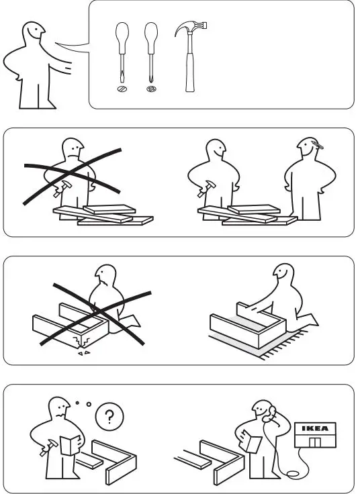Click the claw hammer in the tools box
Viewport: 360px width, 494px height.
190,56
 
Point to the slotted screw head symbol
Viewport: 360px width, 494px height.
122,89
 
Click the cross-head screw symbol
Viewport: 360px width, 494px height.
151,89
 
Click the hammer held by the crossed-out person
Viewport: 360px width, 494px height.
62,188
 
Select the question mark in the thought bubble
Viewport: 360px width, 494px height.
109,417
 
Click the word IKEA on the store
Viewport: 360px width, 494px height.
315,428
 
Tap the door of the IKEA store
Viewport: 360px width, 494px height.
314,442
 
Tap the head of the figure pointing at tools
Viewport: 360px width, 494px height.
34,31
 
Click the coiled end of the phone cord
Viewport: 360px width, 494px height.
294,473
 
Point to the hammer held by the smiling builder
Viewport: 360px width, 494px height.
206,189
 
